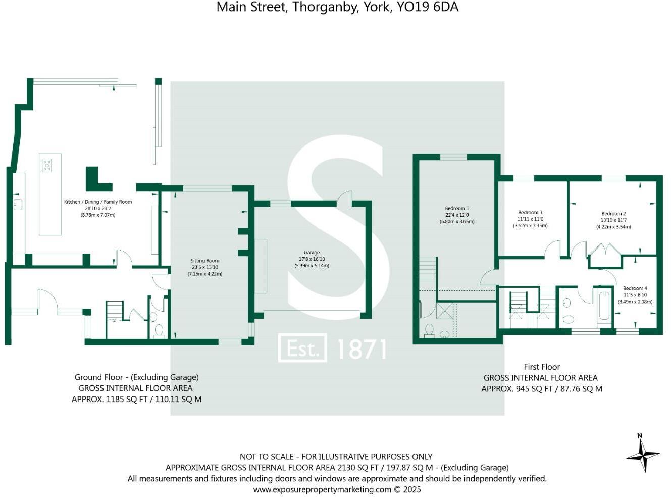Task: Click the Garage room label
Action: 312,253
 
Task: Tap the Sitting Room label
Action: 204,261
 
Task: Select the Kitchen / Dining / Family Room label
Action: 97,202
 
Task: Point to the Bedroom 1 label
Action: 457,208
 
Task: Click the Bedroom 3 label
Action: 530,213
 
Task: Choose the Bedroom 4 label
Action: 635,288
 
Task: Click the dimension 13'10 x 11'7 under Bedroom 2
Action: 613,220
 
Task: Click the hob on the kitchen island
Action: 47,165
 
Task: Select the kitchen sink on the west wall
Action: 18,205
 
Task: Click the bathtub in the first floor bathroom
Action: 604,305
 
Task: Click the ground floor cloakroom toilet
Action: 159,331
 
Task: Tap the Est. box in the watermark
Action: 302,348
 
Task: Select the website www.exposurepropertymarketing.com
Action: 322,489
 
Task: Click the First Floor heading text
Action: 541,367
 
